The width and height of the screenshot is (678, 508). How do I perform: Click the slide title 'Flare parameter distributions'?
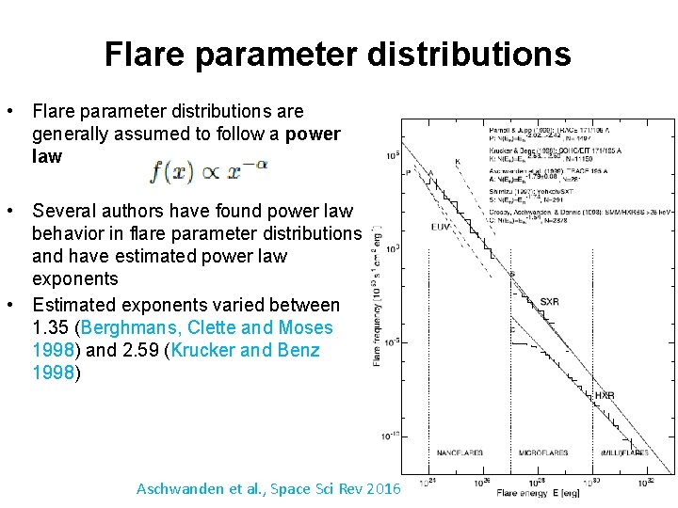pos(337,54)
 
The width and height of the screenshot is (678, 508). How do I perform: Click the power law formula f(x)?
pos(208,172)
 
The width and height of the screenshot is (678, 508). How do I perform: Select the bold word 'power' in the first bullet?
pos(312,134)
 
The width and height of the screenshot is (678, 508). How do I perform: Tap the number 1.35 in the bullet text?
pos(54,328)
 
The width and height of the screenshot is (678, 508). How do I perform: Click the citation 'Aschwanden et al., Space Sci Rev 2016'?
pos(268,489)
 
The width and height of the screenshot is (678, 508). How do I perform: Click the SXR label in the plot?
pos(549,302)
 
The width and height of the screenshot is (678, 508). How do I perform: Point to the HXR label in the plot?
pos(604,396)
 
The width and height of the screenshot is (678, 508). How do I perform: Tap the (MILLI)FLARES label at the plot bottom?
pos(622,452)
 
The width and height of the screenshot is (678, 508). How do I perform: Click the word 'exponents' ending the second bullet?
pos(74,278)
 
